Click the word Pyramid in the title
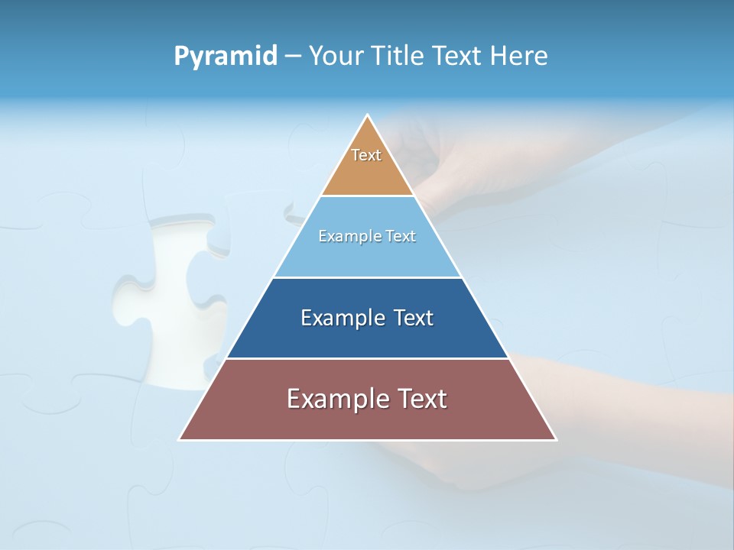[225, 57]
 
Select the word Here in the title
[519, 57]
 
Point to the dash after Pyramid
[292, 57]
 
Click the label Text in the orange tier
[366, 155]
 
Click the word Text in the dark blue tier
[414, 318]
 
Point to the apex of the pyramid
[368, 115]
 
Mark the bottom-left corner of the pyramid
[180, 439]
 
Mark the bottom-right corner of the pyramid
[556, 439]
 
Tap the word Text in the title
[460, 57]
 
